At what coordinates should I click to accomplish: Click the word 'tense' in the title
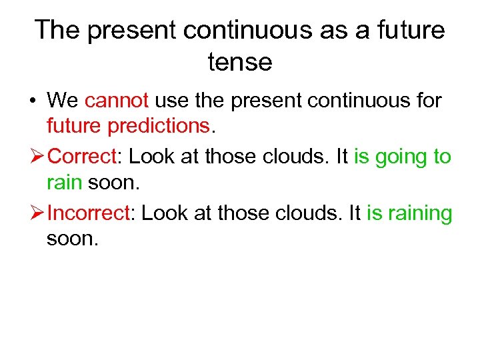[240, 62]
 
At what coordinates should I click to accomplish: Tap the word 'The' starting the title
[58, 30]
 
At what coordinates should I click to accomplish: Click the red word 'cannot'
[117, 101]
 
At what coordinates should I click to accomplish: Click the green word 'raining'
[419, 213]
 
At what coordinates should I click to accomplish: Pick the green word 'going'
[402, 157]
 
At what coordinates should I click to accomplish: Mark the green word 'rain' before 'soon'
[65, 181]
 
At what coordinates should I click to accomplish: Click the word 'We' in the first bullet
[63, 101]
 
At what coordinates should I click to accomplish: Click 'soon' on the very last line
[72, 238]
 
